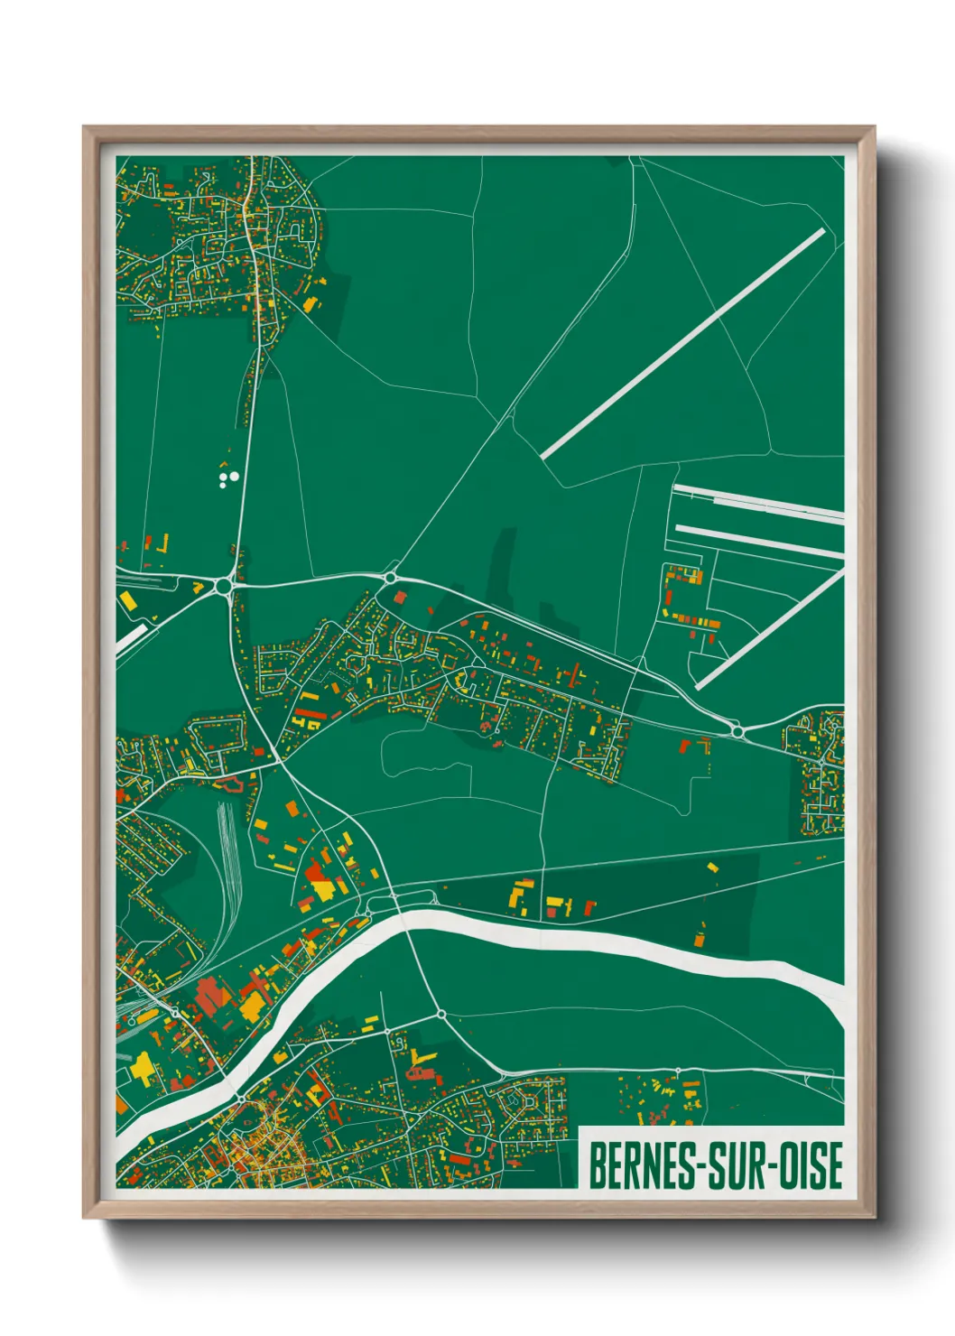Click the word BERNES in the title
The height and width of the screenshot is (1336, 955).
pyautogui.click(x=641, y=1165)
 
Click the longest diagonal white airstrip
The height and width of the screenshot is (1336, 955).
pyautogui.click(x=682, y=344)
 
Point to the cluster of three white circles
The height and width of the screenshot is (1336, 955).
pyautogui.click(x=228, y=476)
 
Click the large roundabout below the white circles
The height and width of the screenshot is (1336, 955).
pyautogui.click(x=224, y=588)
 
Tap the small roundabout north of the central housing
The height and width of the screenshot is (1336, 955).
pyautogui.click(x=391, y=577)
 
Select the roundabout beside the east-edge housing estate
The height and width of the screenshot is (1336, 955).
pyautogui.click(x=737, y=730)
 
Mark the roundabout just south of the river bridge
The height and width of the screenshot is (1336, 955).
pyautogui.click(x=441, y=1015)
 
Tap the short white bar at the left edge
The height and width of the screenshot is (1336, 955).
pyautogui.click(x=132, y=637)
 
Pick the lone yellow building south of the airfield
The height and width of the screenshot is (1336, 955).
pyautogui.click(x=712, y=867)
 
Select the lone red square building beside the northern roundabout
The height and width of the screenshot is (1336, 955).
pyautogui.click(x=400, y=597)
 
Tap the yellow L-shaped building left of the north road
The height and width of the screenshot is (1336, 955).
pyautogui.click(x=165, y=543)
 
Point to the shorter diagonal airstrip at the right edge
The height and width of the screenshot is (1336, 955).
pyautogui.click(x=769, y=629)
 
